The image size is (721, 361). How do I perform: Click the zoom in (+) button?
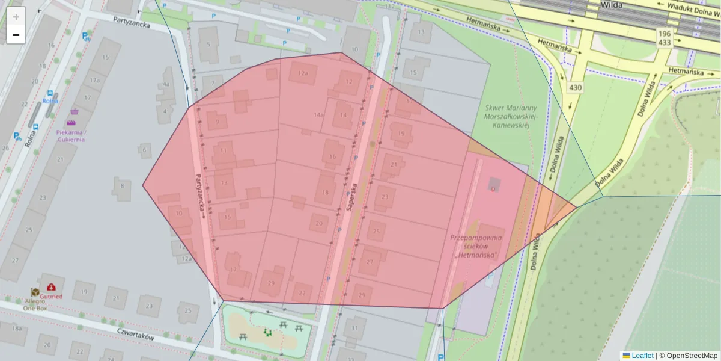click(16, 17)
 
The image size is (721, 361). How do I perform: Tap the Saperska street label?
click(351, 196)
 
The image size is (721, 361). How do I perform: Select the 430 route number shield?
click(575, 88)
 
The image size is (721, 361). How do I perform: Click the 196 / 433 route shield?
click(664, 39)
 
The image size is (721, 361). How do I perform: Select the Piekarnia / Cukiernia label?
click(71, 135)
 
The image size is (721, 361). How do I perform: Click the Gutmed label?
click(52, 296)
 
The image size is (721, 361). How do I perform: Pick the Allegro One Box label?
click(35, 303)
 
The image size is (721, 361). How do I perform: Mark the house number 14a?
click(319, 114)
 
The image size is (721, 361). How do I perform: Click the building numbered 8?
click(122, 186)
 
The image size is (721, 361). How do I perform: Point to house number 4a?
click(166, 85)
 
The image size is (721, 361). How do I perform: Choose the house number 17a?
click(94, 79)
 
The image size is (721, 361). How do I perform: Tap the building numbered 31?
click(355, 328)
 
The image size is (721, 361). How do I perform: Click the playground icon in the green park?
click(267, 332)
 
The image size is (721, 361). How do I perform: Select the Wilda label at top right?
click(611, 5)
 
